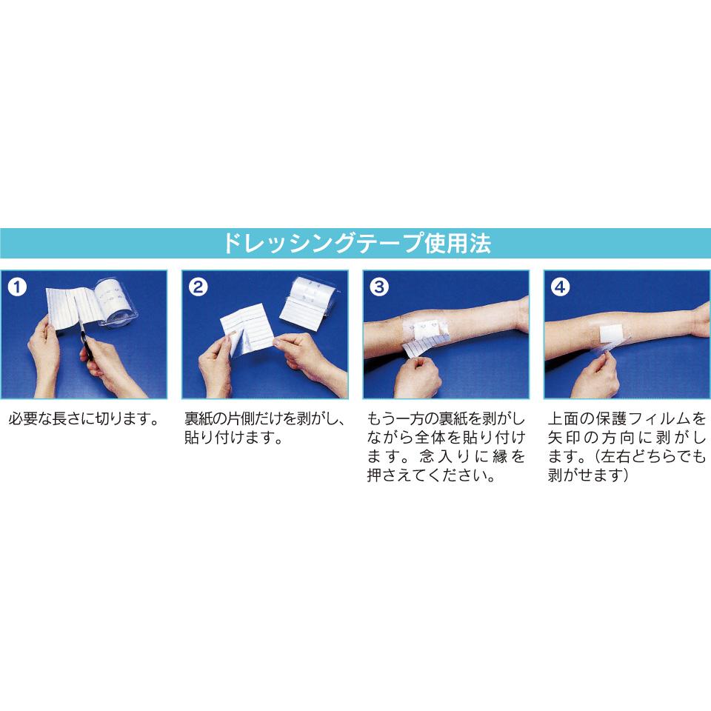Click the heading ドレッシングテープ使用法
pyautogui.click(x=357, y=243)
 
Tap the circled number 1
pyautogui.click(x=17, y=287)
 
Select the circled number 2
pyautogui.click(x=198, y=287)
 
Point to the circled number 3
pyautogui.click(x=379, y=287)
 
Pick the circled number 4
pyautogui.click(x=560, y=287)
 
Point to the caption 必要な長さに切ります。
pyautogui.click(x=84, y=418)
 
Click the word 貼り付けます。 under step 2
pyautogui.click(x=234, y=438)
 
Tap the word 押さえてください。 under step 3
pyautogui.click(x=431, y=475)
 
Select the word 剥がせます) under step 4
pyautogui.click(x=588, y=475)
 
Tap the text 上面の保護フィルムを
pyautogui.click(x=627, y=418)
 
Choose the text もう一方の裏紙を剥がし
pyautogui.click(x=446, y=418)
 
